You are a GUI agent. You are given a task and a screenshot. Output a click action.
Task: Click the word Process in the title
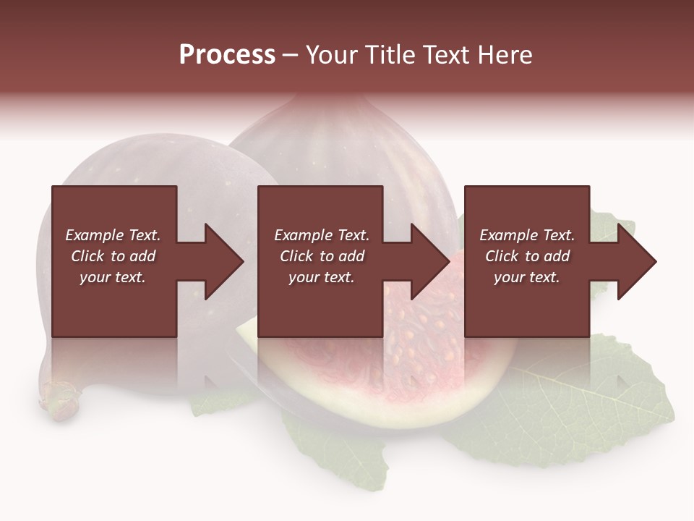(227, 55)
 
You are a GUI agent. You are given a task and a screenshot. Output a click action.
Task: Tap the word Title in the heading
(388, 55)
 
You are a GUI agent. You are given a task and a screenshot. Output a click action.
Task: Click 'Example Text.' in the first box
(113, 235)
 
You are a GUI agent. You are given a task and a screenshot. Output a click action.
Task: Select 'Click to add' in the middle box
(322, 256)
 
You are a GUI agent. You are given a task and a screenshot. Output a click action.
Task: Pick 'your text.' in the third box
(526, 277)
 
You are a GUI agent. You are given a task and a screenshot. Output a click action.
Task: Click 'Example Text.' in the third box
(527, 235)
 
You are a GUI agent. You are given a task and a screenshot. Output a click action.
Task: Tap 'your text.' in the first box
(113, 277)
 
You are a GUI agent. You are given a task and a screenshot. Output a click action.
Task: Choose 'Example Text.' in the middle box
(322, 235)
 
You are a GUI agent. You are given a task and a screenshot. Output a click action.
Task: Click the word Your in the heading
(332, 55)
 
